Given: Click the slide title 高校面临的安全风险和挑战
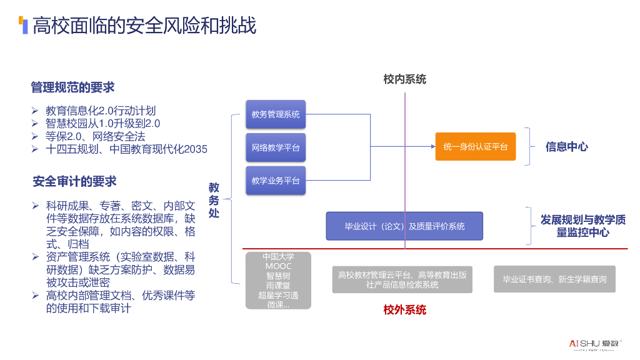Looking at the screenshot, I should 144,26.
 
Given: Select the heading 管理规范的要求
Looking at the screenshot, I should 72,87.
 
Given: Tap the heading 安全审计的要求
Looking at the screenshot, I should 74,182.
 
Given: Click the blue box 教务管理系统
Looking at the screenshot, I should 276,114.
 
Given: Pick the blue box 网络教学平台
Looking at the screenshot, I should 276,147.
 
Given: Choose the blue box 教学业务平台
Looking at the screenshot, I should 276,181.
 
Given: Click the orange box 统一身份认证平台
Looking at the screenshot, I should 476,147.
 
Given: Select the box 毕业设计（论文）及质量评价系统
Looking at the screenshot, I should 404,226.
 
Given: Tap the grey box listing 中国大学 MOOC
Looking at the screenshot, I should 278,281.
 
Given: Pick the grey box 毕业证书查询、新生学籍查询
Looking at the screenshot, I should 554,279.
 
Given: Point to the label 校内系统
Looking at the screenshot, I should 405,79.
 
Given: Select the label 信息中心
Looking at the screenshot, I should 567,147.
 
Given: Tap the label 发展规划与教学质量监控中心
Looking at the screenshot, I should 583,226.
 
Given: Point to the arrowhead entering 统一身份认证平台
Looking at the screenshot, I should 432,147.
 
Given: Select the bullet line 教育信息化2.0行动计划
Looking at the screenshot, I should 100,110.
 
